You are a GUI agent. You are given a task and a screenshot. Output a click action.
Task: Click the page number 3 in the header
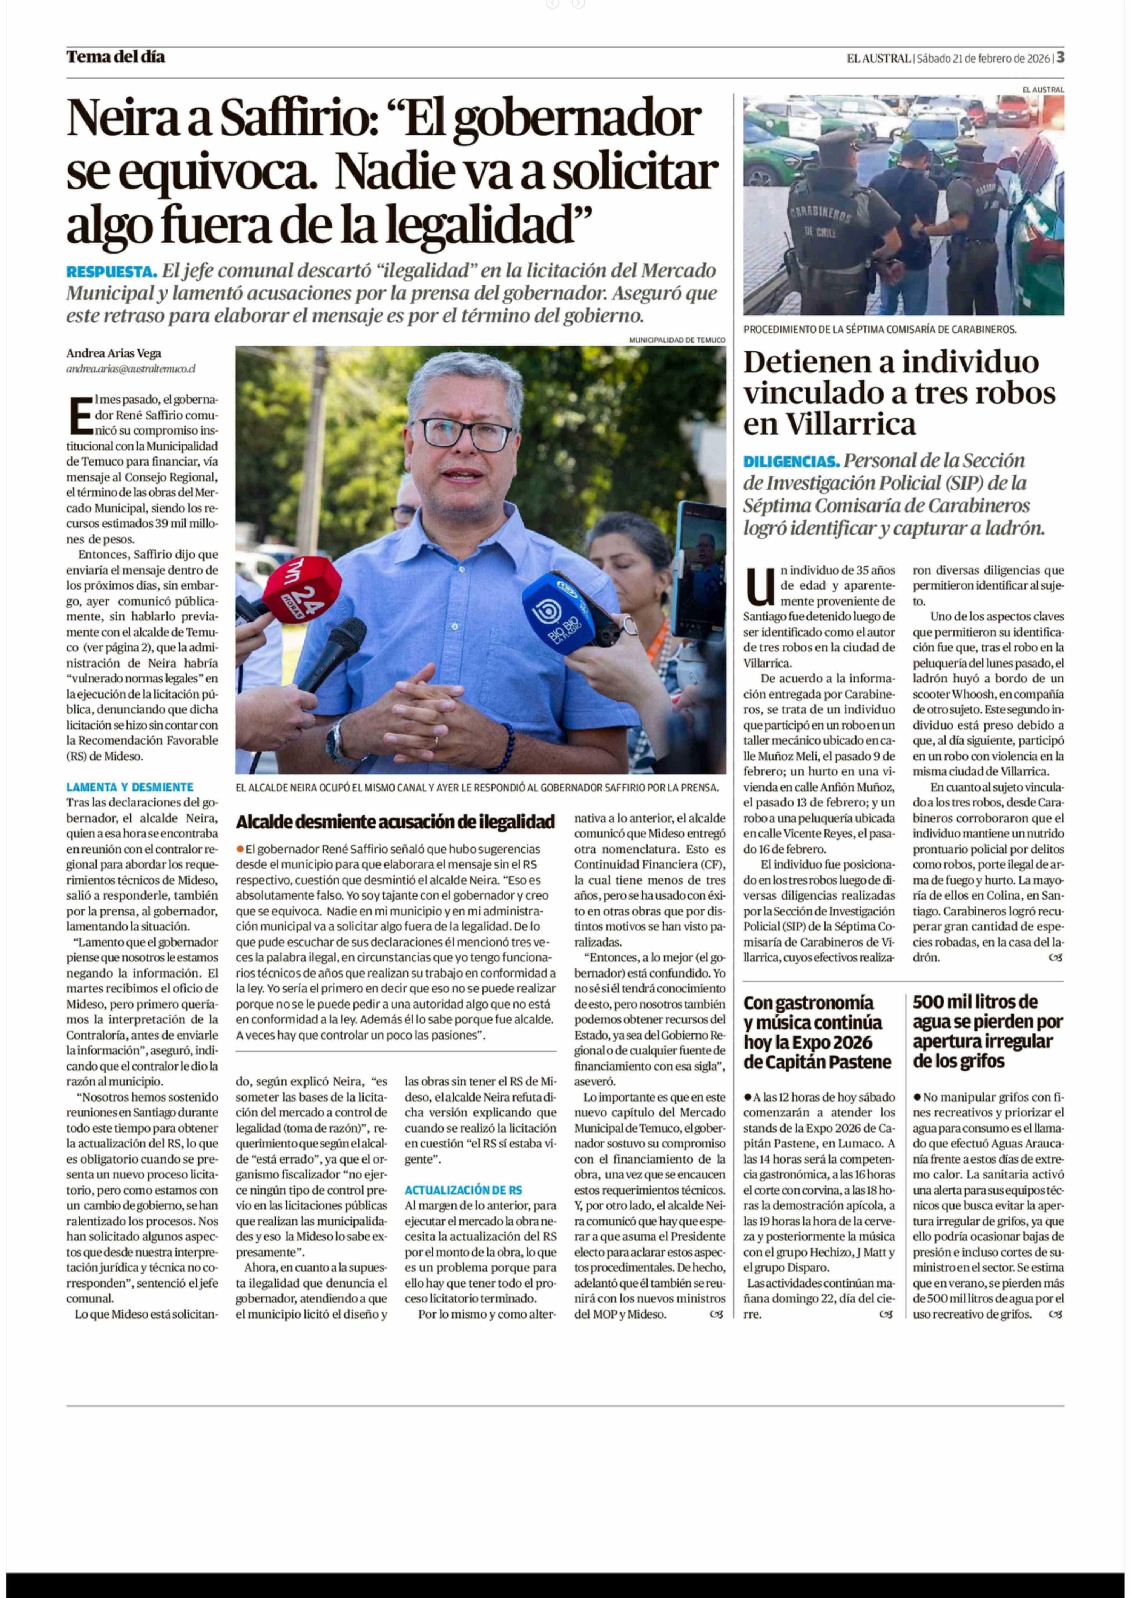1060,58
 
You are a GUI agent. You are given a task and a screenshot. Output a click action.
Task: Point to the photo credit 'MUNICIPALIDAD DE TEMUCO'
676,340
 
